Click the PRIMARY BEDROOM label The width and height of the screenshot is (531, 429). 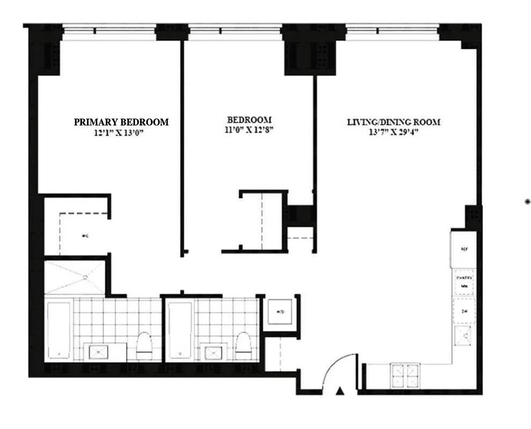coord(121,122)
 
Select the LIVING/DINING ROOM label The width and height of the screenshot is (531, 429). coord(394,122)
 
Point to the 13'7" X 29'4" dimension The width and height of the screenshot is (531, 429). coord(394,132)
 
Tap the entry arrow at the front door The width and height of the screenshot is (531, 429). coord(339,391)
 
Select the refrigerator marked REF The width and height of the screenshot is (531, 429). coord(464,249)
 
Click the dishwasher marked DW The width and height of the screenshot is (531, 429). coord(464,312)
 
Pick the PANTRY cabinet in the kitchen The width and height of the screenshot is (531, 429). coord(464,282)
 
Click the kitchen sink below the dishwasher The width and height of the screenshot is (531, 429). coord(464,337)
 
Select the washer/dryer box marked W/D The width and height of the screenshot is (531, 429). coord(279,312)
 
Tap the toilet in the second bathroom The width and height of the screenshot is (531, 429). coord(243,346)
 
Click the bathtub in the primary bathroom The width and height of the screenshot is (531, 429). coord(58,330)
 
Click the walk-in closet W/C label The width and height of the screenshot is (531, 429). coord(85,235)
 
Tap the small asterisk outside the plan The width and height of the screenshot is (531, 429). coord(527,202)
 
